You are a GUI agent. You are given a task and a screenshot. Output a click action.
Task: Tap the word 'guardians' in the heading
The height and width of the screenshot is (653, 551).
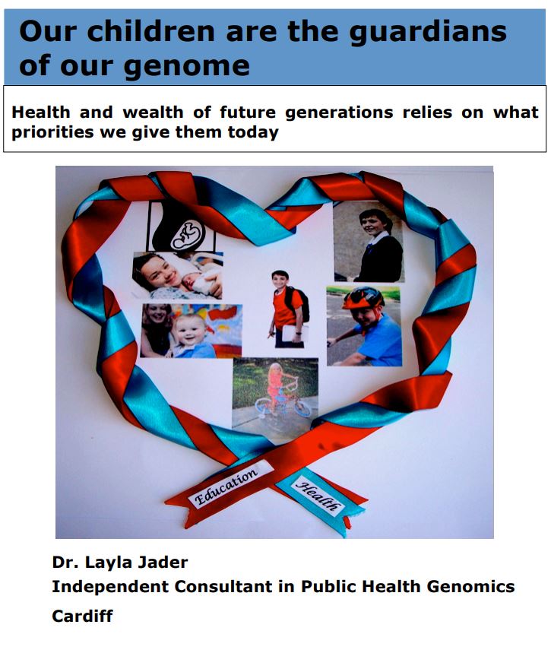pos(428,33)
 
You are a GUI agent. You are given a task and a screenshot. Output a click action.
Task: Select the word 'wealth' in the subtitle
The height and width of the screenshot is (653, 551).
pos(153,113)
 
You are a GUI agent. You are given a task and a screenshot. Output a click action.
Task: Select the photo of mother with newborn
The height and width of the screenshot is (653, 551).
pos(177,276)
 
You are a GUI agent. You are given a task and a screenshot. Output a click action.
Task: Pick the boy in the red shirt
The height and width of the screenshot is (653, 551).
pos(287,309)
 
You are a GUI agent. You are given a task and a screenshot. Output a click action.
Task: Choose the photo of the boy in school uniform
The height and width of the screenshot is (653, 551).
pos(369,242)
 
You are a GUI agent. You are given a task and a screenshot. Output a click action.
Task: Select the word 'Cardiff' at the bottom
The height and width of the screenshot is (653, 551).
pos(82,616)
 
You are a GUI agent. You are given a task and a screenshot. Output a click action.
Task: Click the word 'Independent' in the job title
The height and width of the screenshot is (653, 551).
pos(110,587)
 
